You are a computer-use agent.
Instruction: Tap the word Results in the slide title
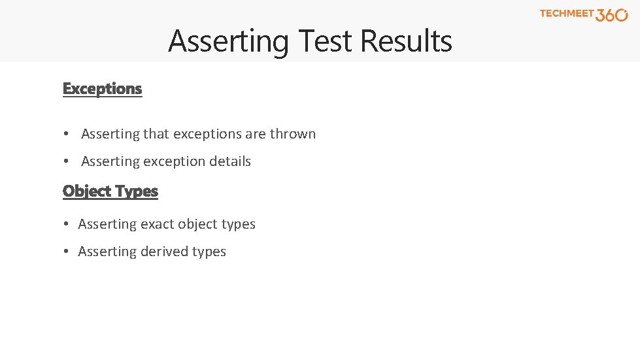406,41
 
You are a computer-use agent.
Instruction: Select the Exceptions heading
102,88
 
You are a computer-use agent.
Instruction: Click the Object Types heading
110,191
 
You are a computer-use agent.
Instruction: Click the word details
229,161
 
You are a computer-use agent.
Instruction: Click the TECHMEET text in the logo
567,13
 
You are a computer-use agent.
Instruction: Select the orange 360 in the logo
612,15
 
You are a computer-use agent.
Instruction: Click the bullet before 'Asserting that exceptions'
67,134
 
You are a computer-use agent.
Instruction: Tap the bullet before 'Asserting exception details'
67,161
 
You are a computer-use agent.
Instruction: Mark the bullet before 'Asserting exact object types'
67,224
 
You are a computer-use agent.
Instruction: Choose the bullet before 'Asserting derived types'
67,252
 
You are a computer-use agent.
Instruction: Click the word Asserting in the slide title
228,41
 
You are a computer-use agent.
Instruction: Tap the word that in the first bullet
156,134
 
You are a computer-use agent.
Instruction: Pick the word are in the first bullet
256,134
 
